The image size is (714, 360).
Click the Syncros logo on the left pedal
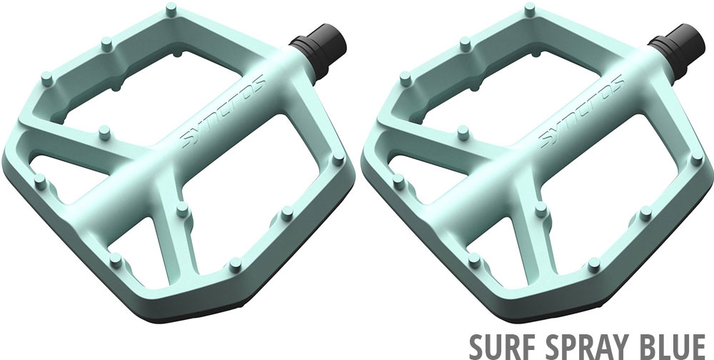(223, 111)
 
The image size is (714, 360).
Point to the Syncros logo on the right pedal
(581, 111)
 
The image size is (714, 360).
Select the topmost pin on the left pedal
(171, 9)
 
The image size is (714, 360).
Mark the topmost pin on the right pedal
(529, 9)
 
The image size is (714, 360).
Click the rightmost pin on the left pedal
(338, 159)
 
